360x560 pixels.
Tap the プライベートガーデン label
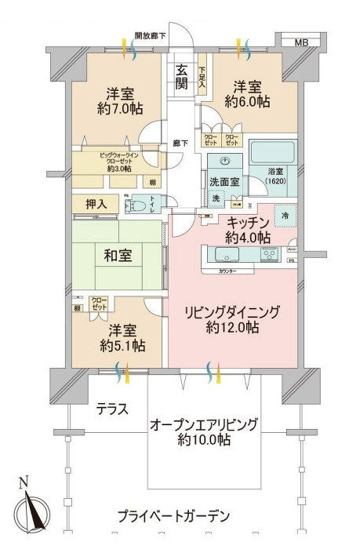tap(174, 516)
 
